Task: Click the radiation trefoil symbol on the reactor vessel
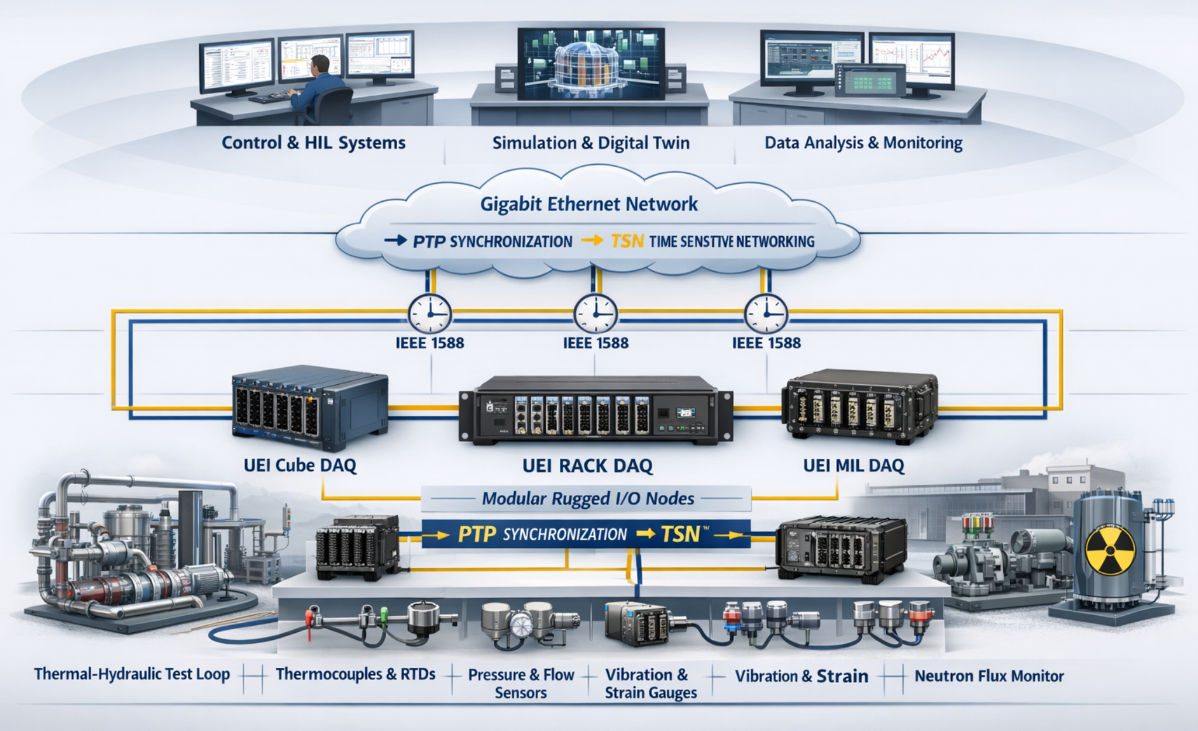click(x=1110, y=550)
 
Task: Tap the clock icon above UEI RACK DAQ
click(x=595, y=314)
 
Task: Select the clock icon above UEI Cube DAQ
click(x=429, y=314)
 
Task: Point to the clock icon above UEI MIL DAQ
click(x=766, y=314)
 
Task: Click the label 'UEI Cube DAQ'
click(x=299, y=466)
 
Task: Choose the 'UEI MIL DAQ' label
click(x=853, y=466)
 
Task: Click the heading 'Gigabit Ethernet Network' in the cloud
click(x=588, y=204)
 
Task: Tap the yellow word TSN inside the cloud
click(x=627, y=241)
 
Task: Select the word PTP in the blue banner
click(x=477, y=534)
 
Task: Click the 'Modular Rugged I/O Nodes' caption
click(x=587, y=499)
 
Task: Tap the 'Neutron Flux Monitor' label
click(x=989, y=676)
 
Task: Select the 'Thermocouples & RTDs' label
click(x=356, y=674)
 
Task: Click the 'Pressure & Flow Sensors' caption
click(x=521, y=684)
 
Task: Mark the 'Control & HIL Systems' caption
click(x=313, y=143)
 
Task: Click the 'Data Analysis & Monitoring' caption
click(x=863, y=143)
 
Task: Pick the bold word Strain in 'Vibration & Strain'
click(x=842, y=676)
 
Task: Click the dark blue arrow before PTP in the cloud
click(x=395, y=240)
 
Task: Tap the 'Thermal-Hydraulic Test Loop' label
click(x=132, y=674)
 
